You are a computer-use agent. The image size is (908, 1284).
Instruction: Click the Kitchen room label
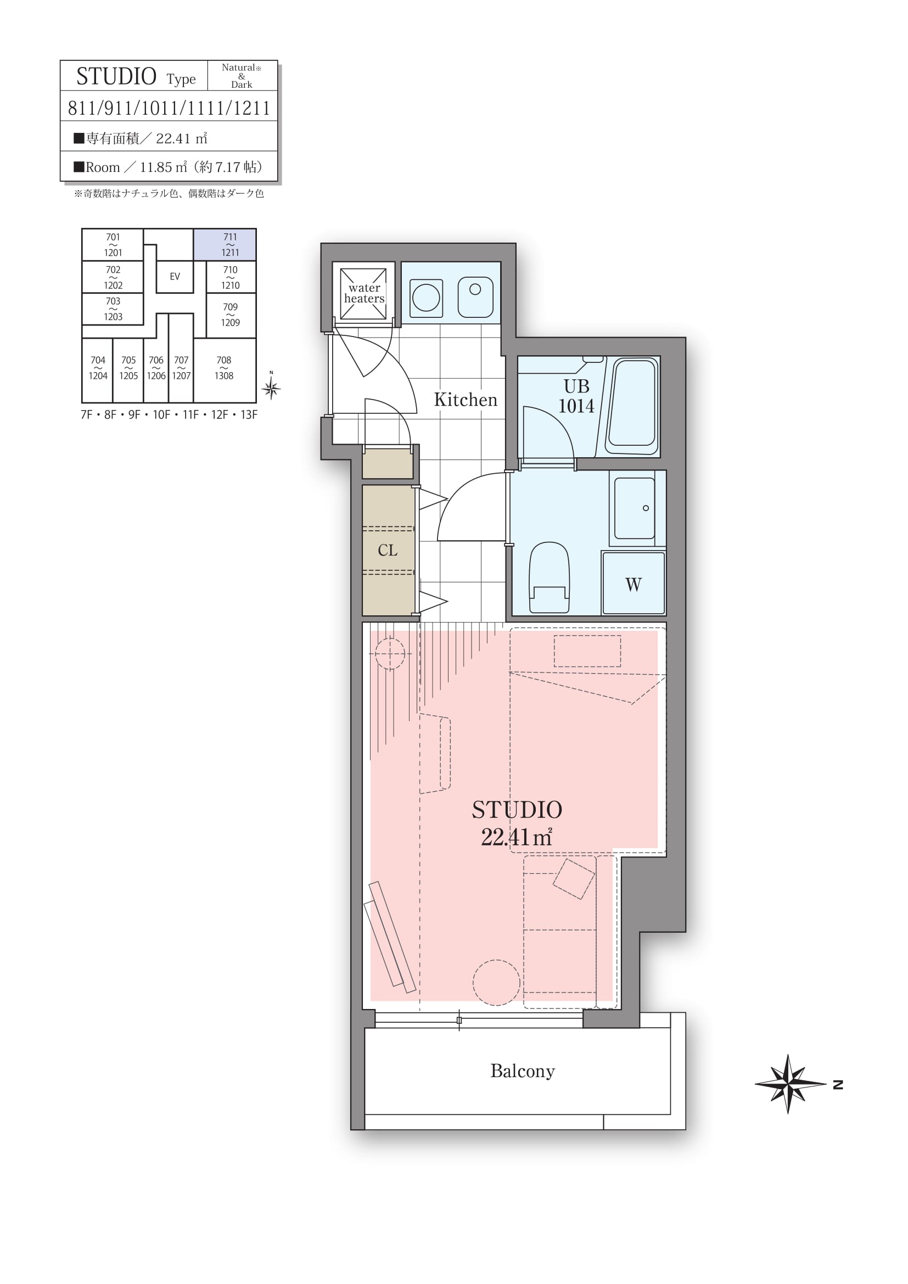465,399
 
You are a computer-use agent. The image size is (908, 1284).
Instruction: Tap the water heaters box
363,293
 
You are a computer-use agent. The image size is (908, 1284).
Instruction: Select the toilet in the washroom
549,577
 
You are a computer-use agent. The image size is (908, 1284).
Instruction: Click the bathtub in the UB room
633,407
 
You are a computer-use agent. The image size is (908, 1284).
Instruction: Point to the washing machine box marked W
634,584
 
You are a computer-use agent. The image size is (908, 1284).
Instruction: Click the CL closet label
388,550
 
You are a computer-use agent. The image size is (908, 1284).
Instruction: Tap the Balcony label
522,1070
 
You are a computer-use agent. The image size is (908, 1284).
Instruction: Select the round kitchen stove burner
426,298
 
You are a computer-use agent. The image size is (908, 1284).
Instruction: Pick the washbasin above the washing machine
635,508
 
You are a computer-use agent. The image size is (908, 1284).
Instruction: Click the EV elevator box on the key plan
175,276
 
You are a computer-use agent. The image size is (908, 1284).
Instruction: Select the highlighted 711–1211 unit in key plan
225,244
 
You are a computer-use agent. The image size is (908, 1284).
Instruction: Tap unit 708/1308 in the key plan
224,368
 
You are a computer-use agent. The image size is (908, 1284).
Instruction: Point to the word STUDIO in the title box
116,77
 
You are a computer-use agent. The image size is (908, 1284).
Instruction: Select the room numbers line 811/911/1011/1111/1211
169,108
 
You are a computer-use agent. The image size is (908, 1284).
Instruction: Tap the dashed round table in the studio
496,983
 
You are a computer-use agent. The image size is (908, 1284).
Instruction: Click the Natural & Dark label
242,76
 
